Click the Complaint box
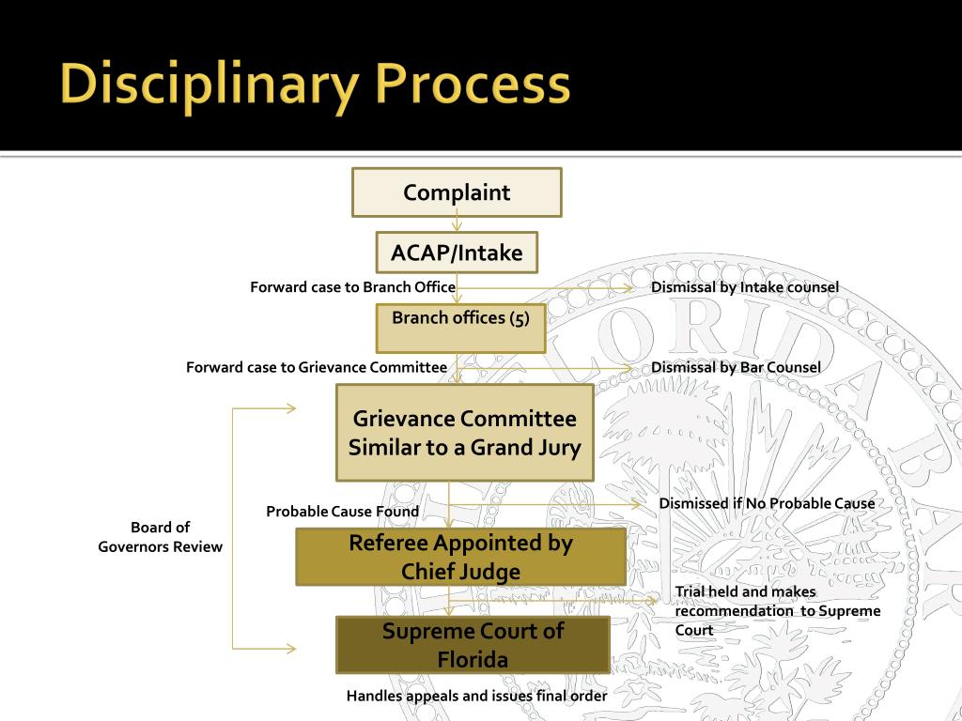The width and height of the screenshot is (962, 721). [x=457, y=192]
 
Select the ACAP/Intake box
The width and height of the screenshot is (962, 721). [x=457, y=253]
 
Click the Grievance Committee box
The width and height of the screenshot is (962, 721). [x=465, y=433]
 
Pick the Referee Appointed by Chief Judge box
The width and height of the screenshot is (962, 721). [x=460, y=557]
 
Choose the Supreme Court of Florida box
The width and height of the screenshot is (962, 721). [x=473, y=645]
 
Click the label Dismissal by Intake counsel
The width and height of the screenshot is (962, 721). [x=744, y=287]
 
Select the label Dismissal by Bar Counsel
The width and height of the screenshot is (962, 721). [x=736, y=367]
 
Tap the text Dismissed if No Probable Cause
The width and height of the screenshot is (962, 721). [x=767, y=504]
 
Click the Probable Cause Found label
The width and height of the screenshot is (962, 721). [x=342, y=512]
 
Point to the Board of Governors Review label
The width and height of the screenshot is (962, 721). [x=161, y=537]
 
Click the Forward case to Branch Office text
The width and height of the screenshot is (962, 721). [x=352, y=287]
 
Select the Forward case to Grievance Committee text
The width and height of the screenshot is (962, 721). [x=317, y=367]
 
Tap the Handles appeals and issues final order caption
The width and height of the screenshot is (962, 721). [x=476, y=697]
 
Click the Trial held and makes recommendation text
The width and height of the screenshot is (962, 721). [x=777, y=610]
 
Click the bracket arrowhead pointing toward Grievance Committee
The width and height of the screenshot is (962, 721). [x=290, y=408]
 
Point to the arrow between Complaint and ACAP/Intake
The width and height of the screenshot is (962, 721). [x=457, y=223]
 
